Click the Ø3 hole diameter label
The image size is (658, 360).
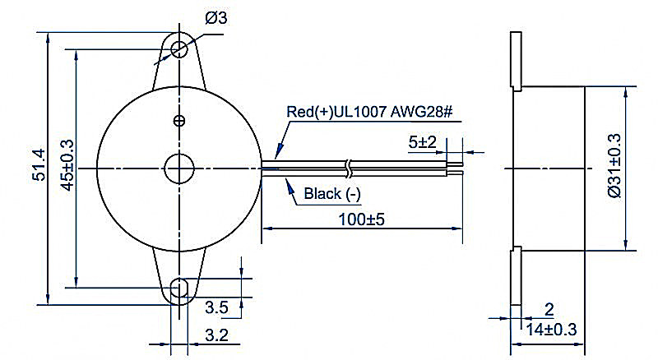216,17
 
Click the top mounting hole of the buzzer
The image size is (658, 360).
178,48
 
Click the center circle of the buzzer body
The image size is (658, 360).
178,169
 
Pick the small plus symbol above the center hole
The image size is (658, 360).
179,122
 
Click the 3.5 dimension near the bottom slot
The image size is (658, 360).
216,307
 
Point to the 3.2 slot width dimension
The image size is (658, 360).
215,335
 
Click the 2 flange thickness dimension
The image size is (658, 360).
549,309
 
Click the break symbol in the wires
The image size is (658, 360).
352,168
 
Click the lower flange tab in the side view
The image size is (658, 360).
516,276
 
